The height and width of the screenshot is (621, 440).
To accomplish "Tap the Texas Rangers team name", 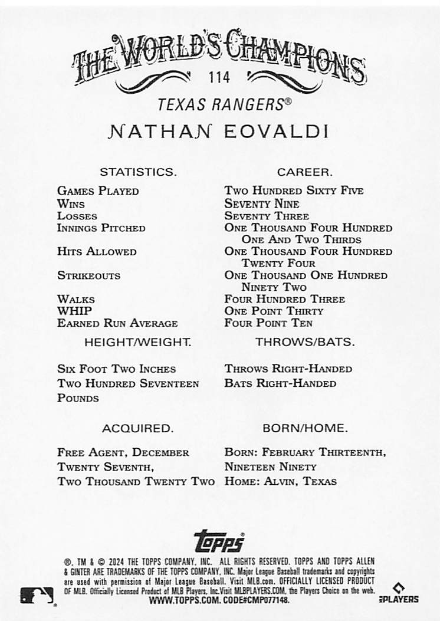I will pos(224,104).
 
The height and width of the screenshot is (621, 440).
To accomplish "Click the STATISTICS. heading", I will pos(138,172).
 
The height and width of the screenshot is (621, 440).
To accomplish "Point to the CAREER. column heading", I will pos(305,172).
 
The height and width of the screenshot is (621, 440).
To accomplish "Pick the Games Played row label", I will pos(98,191).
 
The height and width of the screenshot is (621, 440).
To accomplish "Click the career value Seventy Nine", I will pos(262,204).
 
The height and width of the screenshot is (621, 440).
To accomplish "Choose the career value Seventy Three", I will pos(267,216).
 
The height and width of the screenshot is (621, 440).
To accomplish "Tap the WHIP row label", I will pos(74,311).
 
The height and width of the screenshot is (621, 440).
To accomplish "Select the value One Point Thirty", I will pos(274,311).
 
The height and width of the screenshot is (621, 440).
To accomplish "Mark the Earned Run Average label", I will pos(117,323).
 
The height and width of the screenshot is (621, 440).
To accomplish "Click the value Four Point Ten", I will pos(268,323).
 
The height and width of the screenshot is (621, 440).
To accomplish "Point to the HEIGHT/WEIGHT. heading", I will pos(137,342).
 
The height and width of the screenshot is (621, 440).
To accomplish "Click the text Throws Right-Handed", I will pos(288,369).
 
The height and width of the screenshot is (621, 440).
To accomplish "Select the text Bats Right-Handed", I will pos(280,383).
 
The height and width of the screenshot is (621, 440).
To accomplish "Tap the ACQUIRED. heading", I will pos(137,428).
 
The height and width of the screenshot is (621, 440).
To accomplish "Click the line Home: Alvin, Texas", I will pos(280,481).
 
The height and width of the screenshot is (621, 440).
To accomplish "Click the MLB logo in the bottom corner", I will pos(37,596).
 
